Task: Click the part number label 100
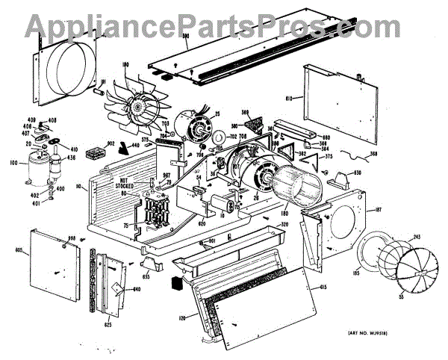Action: tap(13, 161)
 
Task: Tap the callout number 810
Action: tap(290, 99)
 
